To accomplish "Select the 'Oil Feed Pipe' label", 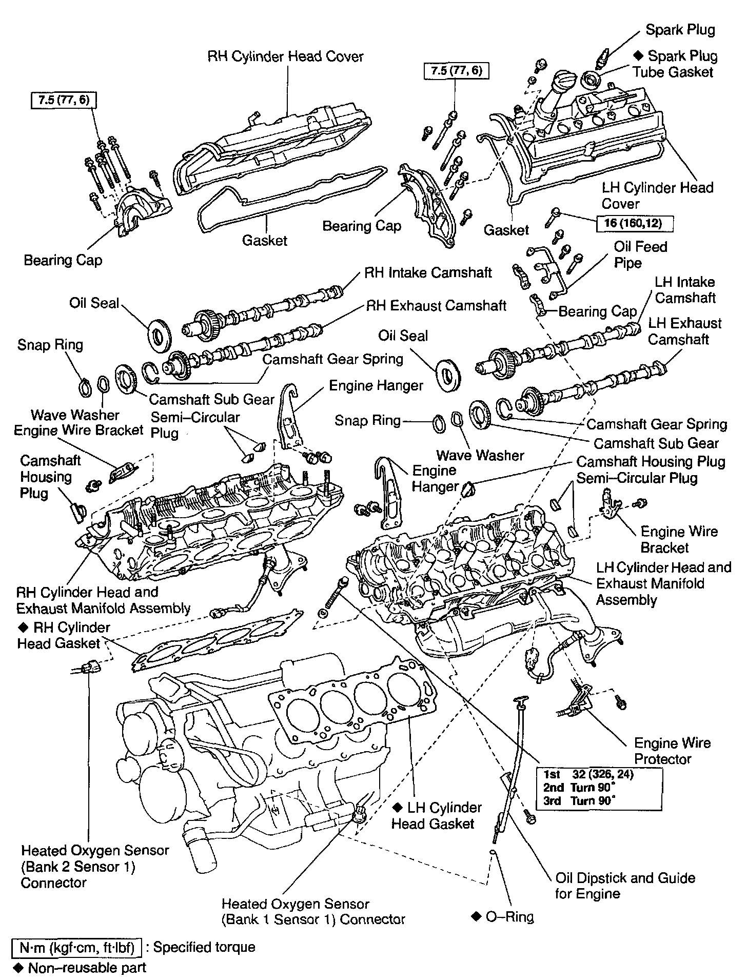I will click(x=640, y=255).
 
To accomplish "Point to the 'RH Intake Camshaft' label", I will click(x=428, y=272).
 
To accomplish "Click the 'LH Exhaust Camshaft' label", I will click(x=684, y=331).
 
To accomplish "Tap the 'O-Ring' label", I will click(x=508, y=916).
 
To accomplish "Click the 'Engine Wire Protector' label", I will click(x=672, y=751).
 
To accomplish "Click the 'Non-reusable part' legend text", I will click(x=87, y=968).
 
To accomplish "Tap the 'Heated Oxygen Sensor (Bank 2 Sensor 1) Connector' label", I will click(x=95, y=866).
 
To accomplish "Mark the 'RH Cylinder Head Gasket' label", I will click(x=64, y=635).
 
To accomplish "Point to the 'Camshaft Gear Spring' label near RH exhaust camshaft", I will click(x=332, y=359).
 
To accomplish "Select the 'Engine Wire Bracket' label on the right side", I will click(x=679, y=539).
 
